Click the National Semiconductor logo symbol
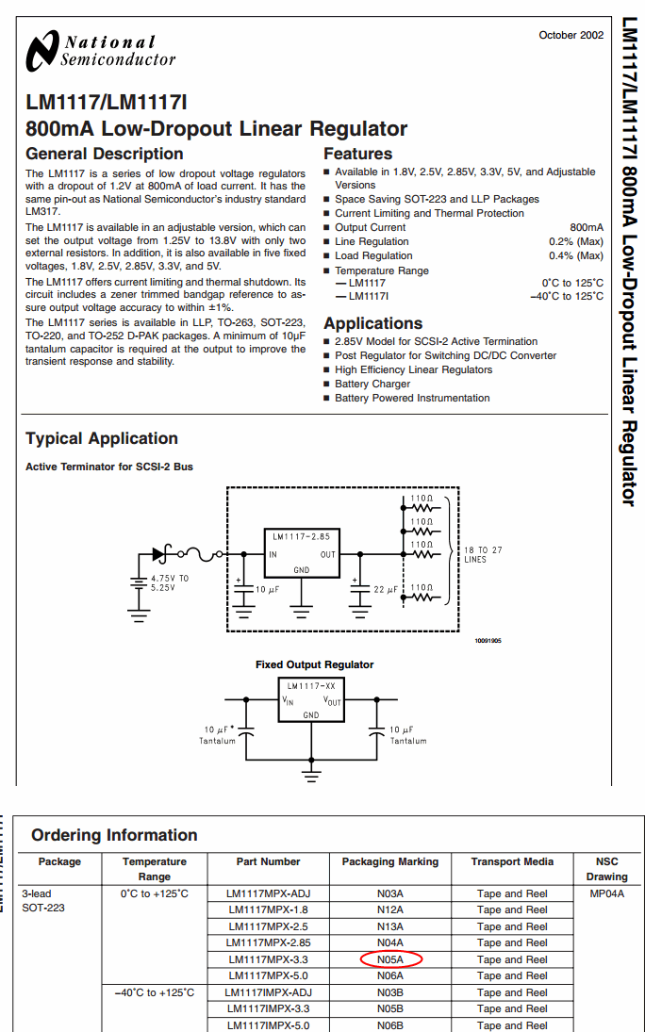[42, 50]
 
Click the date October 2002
[571, 35]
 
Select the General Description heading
[104, 154]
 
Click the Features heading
[357, 154]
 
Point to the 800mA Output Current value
[587, 227]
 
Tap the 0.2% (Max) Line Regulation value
[575, 241]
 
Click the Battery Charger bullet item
[372, 384]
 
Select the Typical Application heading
[102, 438]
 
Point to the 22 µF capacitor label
[388, 589]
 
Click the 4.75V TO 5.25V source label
[170, 582]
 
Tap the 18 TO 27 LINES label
[483, 554]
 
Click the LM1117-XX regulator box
[311, 701]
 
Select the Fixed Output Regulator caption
[314, 664]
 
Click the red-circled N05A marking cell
[390, 959]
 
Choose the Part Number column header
[268, 861]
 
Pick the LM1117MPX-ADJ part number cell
[268, 893]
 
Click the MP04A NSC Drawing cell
[606, 893]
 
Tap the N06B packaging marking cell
[390, 1025]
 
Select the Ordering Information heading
[114, 835]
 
